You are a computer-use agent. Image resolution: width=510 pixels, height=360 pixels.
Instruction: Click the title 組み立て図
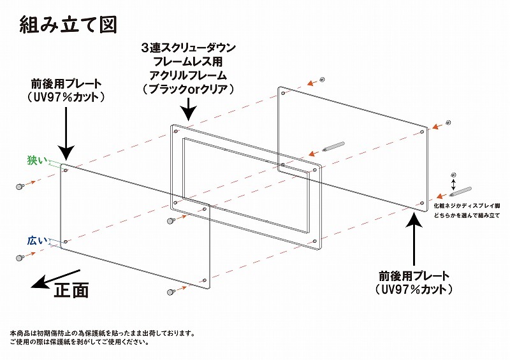(x=68, y=24)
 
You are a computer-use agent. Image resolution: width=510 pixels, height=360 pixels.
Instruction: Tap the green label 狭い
(x=37, y=160)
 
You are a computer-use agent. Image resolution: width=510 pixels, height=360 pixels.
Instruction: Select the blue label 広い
(x=37, y=241)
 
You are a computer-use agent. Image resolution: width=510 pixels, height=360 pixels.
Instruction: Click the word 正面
(x=71, y=290)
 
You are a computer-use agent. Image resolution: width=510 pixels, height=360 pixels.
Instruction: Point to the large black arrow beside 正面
(x=55, y=278)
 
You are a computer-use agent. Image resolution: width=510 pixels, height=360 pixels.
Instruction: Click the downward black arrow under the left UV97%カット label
(x=67, y=134)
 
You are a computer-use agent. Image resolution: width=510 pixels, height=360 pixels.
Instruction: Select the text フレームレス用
(x=187, y=61)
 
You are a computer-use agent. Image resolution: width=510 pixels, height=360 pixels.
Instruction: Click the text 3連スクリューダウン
(x=188, y=48)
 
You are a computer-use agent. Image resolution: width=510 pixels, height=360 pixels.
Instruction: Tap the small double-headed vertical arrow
(x=454, y=184)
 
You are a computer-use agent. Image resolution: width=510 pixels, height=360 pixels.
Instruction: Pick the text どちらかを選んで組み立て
(x=467, y=215)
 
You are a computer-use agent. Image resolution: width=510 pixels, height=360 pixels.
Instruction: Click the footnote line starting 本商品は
(x=103, y=333)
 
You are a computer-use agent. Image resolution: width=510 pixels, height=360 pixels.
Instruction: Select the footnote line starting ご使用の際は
(x=80, y=342)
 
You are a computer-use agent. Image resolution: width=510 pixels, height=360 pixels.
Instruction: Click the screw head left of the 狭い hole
(x=20, y=186)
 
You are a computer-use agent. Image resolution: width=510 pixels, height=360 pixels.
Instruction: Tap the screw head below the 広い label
(x=20, y=258)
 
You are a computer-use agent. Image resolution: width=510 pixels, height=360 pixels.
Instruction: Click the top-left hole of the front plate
(x=66, y=170)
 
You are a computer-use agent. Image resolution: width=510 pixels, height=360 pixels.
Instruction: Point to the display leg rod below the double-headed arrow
(x=460, y=192)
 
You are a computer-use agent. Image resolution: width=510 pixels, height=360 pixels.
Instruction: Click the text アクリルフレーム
(x=187, y=75)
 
